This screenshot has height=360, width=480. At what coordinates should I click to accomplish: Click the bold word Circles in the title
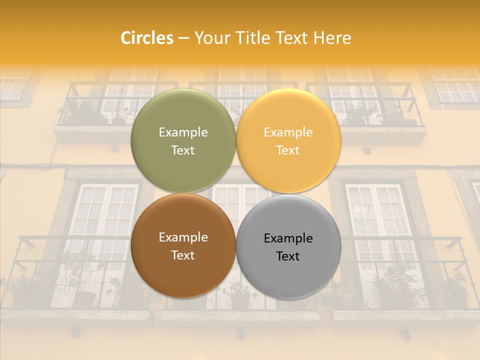pyautogui.click(x=147, y=38)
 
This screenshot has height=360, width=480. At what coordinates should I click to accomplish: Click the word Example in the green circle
pyautogui.click(x=183, y=132)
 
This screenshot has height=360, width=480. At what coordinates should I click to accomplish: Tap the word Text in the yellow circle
pyautogui.click(x=288, y=150)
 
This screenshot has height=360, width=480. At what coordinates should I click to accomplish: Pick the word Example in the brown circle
pyautogui.click(x=183, y=237)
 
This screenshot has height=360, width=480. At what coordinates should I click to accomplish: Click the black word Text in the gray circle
pyautogui.click(x=288, y=256)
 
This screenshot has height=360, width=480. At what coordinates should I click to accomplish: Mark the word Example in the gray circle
pyautogui.click(x=288, y=238)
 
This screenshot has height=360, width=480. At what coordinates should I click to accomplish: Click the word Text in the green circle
pyautogui.click(x=183, y=150)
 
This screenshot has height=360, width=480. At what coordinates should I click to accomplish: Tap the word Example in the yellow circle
pyautogui.click(x=288, y=132)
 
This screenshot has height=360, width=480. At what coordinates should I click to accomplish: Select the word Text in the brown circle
pyautogui.click(x=183, y=255)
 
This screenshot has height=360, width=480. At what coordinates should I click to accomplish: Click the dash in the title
pyautogui.click(x=183, y=38)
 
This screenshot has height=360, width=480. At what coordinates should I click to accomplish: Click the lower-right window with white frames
pyautogui.click(x=378, y=220)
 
